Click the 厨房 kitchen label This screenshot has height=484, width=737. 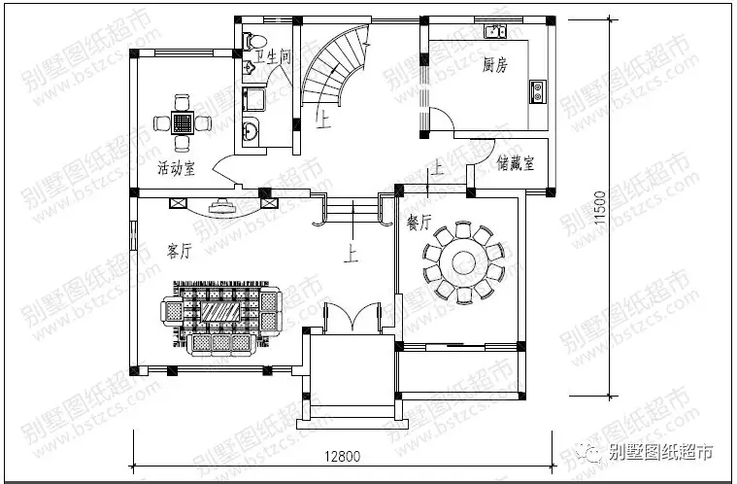click(495, 66)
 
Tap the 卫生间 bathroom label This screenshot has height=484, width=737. click(273, 57)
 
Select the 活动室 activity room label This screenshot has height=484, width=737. click(176, 168)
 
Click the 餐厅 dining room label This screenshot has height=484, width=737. click(419, 223)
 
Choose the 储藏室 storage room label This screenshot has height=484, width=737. click(516, 163)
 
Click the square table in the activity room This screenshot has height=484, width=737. click(180, 122)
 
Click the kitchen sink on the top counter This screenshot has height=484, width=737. click(496, 32)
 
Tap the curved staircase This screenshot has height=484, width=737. click(335, 68)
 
